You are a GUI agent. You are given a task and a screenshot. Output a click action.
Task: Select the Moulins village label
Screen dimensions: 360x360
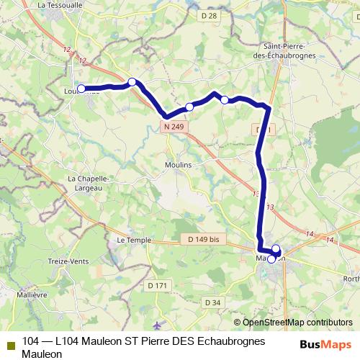point(179,165)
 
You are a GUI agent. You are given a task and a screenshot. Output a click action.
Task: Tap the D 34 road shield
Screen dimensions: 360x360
point(211,302)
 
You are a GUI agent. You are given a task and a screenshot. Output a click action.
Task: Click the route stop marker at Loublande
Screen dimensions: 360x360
point(81,89)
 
